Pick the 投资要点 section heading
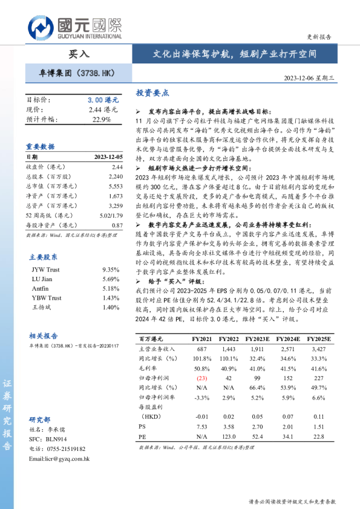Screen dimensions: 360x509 [x=152, y=93]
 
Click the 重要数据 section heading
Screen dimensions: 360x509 [x=41, y=147]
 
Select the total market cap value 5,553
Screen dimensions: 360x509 [x=114, y=186]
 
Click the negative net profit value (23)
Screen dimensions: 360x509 [x=203, y=378]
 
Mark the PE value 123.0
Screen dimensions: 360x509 [x=229, y=436]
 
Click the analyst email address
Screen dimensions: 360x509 [x=59, y=459]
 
